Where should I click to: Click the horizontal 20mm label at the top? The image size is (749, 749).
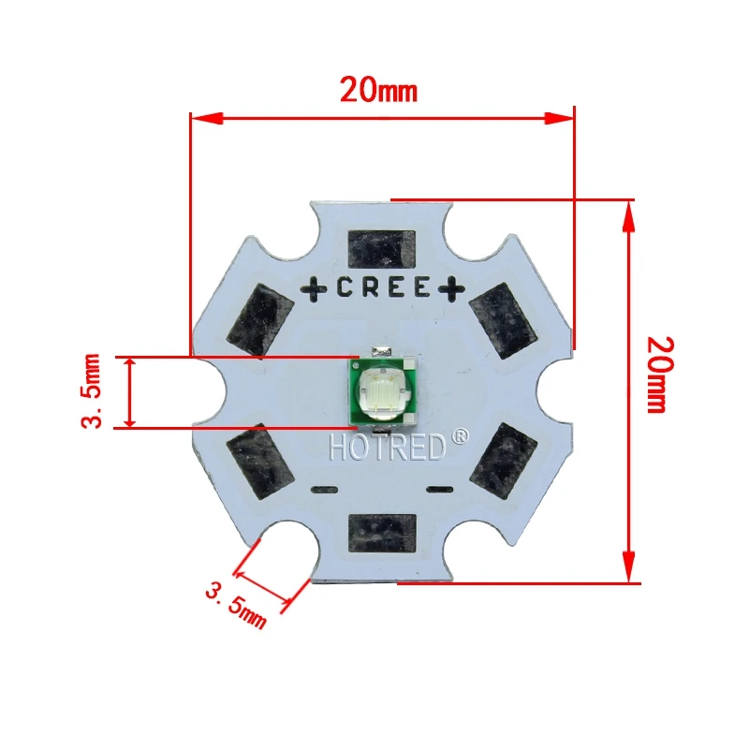[377, 90]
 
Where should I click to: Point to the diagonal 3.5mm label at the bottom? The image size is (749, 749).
[235, 603]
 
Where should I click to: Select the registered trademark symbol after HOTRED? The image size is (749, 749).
[460, 436]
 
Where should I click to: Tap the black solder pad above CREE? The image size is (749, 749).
[380, 250]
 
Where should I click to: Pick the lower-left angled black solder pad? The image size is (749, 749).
[258, 459]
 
